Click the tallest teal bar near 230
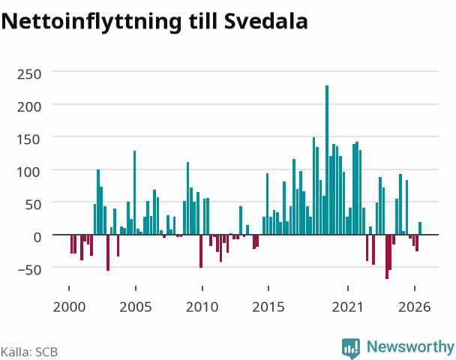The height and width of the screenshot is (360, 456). click(327, 160)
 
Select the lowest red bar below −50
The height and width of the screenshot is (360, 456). click(387, 256)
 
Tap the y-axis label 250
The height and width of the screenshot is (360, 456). click(29, 74)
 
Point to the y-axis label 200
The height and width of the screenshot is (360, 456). click(29, 107)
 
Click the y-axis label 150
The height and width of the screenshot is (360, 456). click(28, 139)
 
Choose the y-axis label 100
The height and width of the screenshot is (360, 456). click(28, 172)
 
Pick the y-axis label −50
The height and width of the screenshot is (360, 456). click(30, 270)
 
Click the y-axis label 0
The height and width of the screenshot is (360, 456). click(37, 238)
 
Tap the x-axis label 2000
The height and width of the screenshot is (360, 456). click(69, 307)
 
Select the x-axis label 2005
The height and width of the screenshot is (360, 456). click(136, 307)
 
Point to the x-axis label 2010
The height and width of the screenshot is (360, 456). click(202, 307)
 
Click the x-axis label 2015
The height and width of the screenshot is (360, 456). click(268, 307)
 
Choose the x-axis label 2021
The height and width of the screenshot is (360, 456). click(348, 307)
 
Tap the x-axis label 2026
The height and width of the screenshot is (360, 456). click(415, 307)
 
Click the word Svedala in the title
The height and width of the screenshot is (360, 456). click(266, 21)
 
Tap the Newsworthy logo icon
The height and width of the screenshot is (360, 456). click(351, 348)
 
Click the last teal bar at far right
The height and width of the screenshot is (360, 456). click(420, 228)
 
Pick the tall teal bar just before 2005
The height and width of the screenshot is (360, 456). click(135, 193)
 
